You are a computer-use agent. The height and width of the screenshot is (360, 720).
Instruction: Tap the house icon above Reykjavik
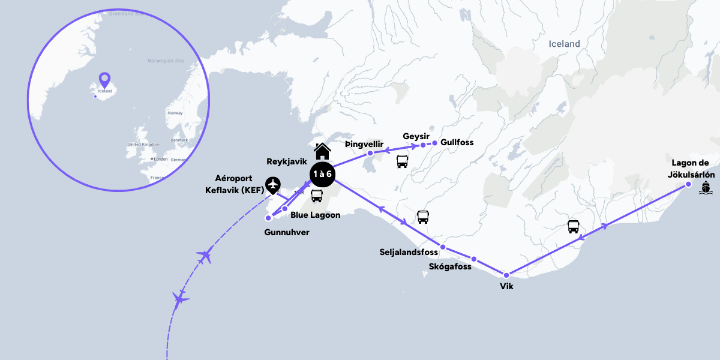pos(323,152)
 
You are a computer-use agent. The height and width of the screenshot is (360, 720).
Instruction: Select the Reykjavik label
pos(287,162)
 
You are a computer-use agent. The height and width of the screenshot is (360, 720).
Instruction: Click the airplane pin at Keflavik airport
pos(273,185)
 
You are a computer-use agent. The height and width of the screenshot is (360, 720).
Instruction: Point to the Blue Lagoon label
pos(315,215)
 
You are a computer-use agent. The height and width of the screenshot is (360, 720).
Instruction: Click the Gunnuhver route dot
pos(268,218)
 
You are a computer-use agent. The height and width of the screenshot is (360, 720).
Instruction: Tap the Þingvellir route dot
pos(370,154)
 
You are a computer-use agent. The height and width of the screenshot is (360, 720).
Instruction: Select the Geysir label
pos(416,136)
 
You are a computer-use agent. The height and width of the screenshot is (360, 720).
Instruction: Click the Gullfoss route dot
pos(435,143)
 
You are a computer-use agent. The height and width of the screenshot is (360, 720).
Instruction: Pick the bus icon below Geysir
pos(403,161)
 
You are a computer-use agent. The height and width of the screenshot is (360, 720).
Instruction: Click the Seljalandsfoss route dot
pos(443,247)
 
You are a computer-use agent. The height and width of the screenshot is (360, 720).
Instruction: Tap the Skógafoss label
pos(450,266)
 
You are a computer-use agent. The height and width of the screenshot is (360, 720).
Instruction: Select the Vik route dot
pos(506,275)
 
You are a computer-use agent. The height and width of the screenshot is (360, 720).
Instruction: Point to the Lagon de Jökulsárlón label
pos(691,168)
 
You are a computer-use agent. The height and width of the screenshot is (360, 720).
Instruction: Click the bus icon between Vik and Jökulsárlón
pos(574,227)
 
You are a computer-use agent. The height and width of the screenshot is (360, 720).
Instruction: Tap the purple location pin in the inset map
pos(105,80)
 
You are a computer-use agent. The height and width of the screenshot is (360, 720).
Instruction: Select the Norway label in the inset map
pos(175,113)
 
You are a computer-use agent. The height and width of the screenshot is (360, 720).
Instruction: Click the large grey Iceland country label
pos(565,44)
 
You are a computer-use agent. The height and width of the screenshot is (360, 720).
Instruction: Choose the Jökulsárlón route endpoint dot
pos(688,185)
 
